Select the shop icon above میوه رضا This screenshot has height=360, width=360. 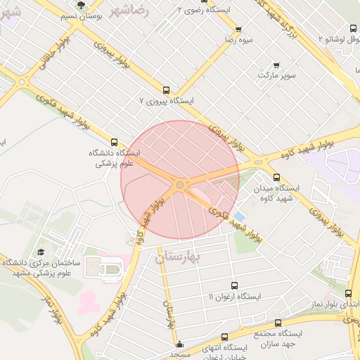tap(238, 30)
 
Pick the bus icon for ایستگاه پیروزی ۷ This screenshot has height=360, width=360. tap(166, 90)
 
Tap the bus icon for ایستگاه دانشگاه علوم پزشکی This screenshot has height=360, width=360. tap(115, 143)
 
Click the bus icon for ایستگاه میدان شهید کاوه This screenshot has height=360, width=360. tap(276, 178)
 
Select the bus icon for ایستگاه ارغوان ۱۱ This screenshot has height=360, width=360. tap(234, 286)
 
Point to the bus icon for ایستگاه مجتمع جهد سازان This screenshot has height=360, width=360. tap(278, 323)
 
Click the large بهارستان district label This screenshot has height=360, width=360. tap(177, 257)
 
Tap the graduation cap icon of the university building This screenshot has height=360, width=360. tap(41, 252)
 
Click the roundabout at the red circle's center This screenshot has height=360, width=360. tap(181, 185)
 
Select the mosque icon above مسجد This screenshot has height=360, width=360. tap(179, 345)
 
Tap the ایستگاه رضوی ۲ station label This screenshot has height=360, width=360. tap(205, 11)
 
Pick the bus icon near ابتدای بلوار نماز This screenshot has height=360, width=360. tap(349, 293)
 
